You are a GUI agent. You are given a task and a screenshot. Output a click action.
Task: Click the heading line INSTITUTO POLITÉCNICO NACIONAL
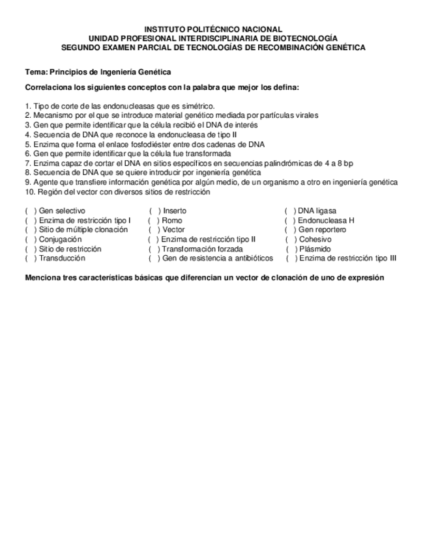pyautogui.click(x=213, y=29)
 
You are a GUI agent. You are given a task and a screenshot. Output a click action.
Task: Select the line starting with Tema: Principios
pyautogui.click(x=98, y=72)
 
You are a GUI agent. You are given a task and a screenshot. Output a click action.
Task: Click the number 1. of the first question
pyautogui.click(x=28, y=106)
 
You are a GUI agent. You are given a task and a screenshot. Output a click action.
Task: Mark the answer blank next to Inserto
pyautogui.click(x=155, y=211)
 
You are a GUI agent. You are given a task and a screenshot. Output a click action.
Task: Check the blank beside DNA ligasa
pyautogui.click(x=290, y=211)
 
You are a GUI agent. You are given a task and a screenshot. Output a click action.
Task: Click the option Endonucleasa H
pyautogui.click(x=326, y=221)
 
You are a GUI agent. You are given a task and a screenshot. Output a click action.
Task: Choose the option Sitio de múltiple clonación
pyautogui.click(x=83, y=230)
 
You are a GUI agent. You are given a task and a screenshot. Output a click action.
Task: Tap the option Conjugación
pyautogui.click(x=60, y=240)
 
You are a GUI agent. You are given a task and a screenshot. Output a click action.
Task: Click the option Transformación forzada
pyautogui.click(x=202, y=249)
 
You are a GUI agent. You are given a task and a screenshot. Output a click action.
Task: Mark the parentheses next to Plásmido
pyautogui.click(x=291, y=249)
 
